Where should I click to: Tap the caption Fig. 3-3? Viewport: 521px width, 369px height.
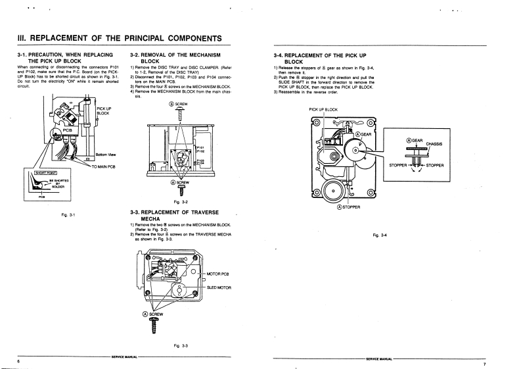click(x=181, y=346)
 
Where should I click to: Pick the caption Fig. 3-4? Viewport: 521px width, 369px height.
click(x=380, y=235)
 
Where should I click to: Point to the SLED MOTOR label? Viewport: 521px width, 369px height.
click(x=221, y=288)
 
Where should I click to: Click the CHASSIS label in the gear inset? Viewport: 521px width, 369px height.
click(x=433, y=143)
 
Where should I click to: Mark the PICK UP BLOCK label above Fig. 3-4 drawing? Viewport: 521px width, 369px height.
click(x=323, y=109)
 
